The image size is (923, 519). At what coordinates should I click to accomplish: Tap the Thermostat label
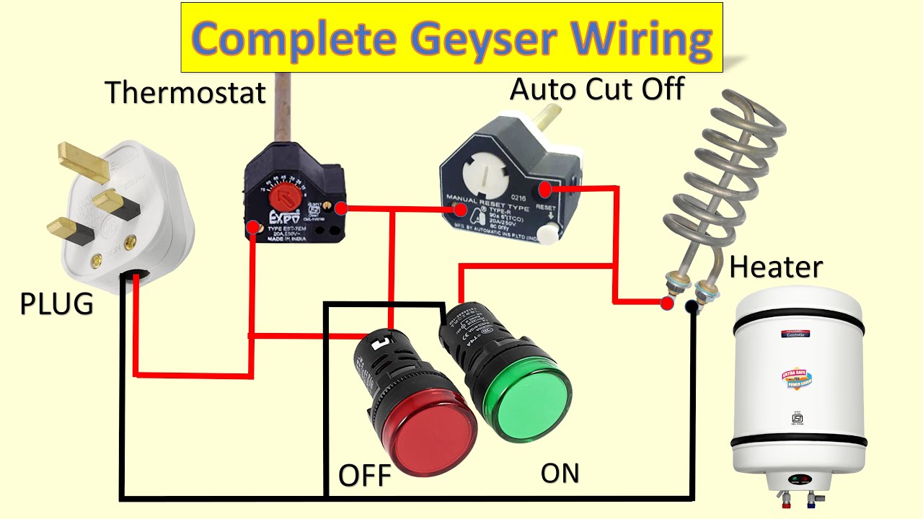(x=185, y=92)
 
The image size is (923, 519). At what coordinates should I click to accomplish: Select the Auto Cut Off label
(x=597, y=89)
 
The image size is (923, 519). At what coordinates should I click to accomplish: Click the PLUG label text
(x=56, y=303)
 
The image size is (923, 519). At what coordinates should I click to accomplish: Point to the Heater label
(x=775, y=267)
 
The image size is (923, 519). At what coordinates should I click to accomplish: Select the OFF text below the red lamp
(x=364, y=476)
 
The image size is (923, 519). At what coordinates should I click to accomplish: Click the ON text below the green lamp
(x=560, y=473)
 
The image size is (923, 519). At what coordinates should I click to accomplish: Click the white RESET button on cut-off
(x=550, y=233)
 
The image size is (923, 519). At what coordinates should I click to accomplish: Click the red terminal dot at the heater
(x=667, y=303)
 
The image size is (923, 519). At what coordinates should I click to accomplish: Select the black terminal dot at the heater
(x=692, y=308)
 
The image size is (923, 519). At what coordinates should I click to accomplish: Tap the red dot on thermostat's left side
(x=253, y=229)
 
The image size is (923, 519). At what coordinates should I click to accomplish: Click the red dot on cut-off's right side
(x=546, y=190)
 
